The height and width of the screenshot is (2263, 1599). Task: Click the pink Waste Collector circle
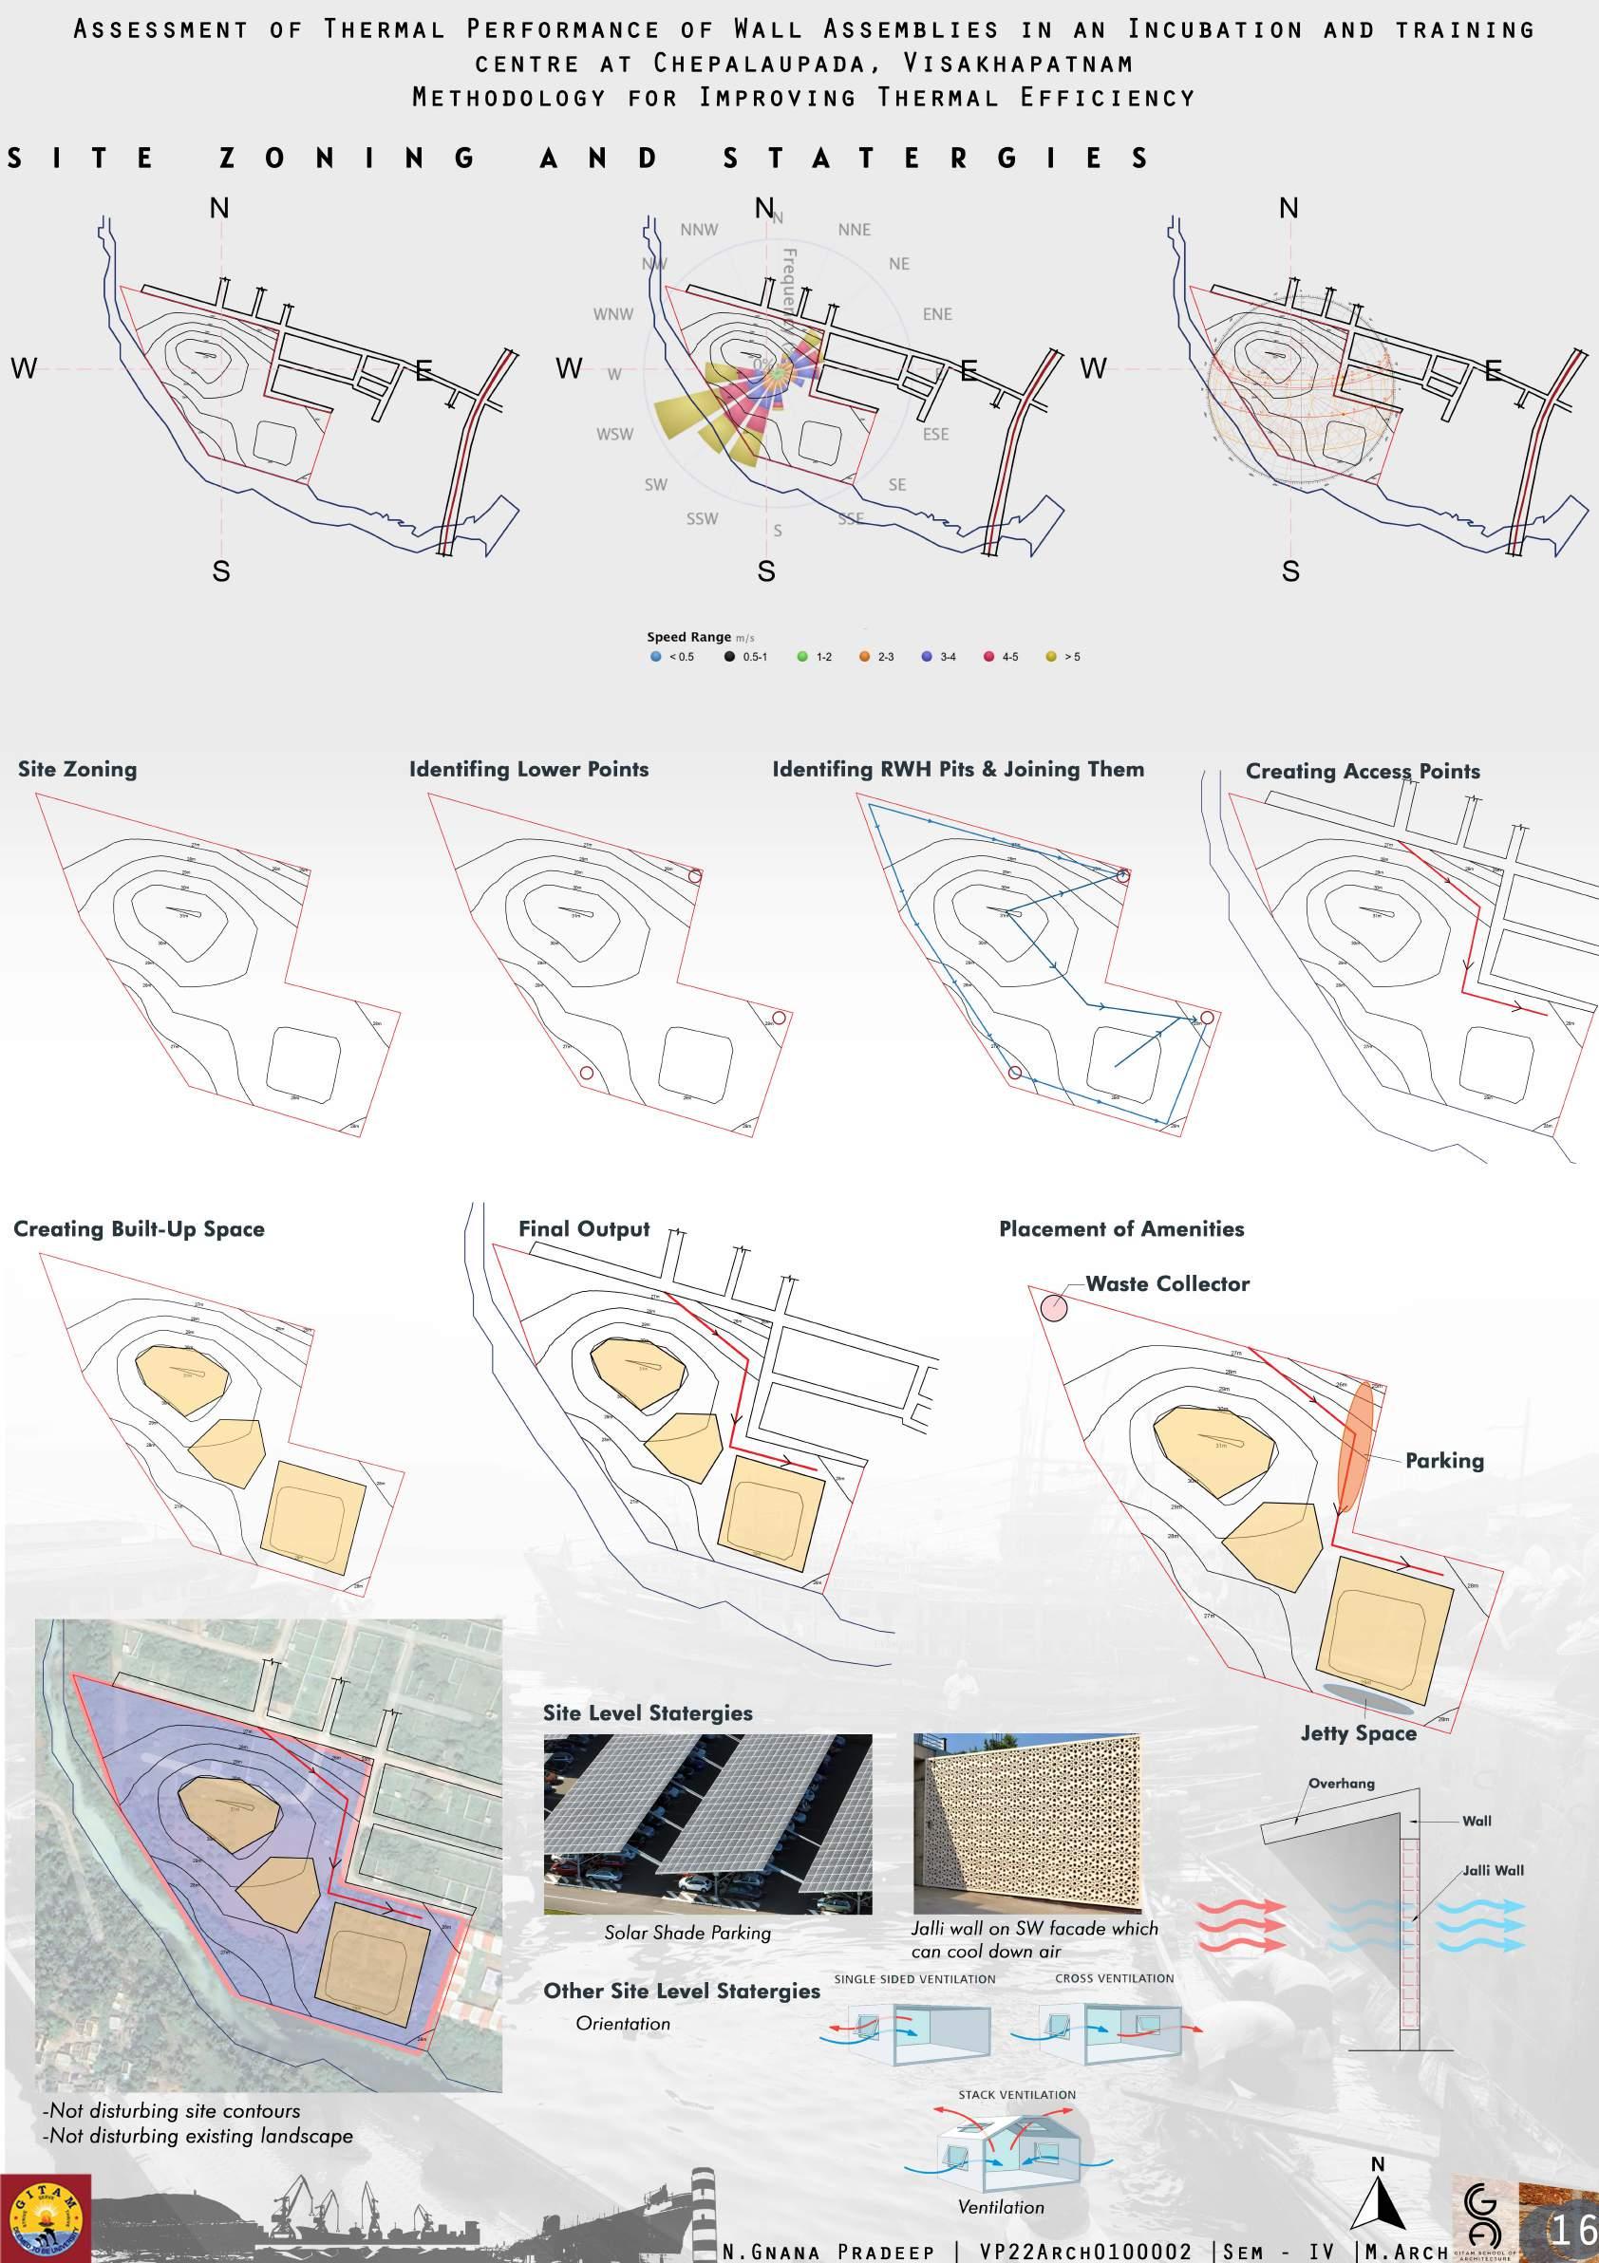(x=1054, y=1308)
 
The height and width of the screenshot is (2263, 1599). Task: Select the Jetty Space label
(x=1358, y=1733)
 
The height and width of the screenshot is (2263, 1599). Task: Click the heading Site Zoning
(x=77, y=770)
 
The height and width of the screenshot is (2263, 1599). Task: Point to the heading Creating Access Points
(x=1363, y=772)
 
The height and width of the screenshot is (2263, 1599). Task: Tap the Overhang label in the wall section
(x=1341, y=1783)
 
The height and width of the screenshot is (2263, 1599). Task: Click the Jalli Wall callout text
(x=1494, y=1870)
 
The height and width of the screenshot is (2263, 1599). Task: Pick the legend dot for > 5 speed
(x=1051, y=657)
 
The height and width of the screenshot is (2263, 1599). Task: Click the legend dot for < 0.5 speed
(x=655, y=657)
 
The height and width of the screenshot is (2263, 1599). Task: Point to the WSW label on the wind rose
(x=614, y=435)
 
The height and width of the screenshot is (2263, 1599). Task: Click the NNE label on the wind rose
(x=854, y=230)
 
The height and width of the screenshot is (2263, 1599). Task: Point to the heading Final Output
(x=584, y=1229)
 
